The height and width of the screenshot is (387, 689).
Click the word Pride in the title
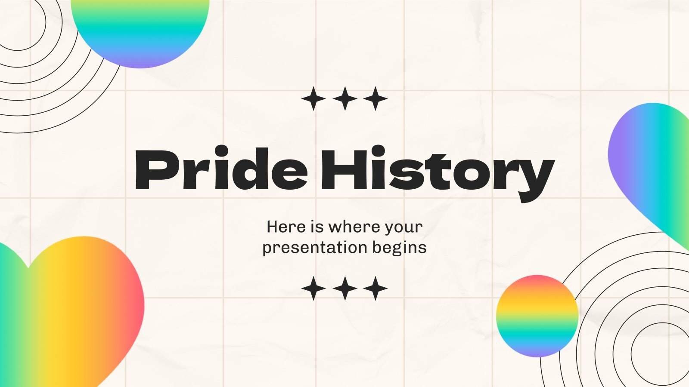[x=220, y=170]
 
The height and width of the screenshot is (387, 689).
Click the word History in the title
[x=437, y=172]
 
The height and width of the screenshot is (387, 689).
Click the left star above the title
[x=313, y=98]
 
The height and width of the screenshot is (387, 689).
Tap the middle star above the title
[x=344, y=98]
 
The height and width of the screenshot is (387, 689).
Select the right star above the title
[x=376, y=98]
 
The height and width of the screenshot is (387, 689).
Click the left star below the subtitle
[x=313, y=288]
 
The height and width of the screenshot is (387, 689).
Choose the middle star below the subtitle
[x=344, y=288]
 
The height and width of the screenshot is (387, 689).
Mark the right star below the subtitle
[x=376, y=288]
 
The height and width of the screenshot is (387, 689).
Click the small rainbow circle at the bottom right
[x=537, y=316]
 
